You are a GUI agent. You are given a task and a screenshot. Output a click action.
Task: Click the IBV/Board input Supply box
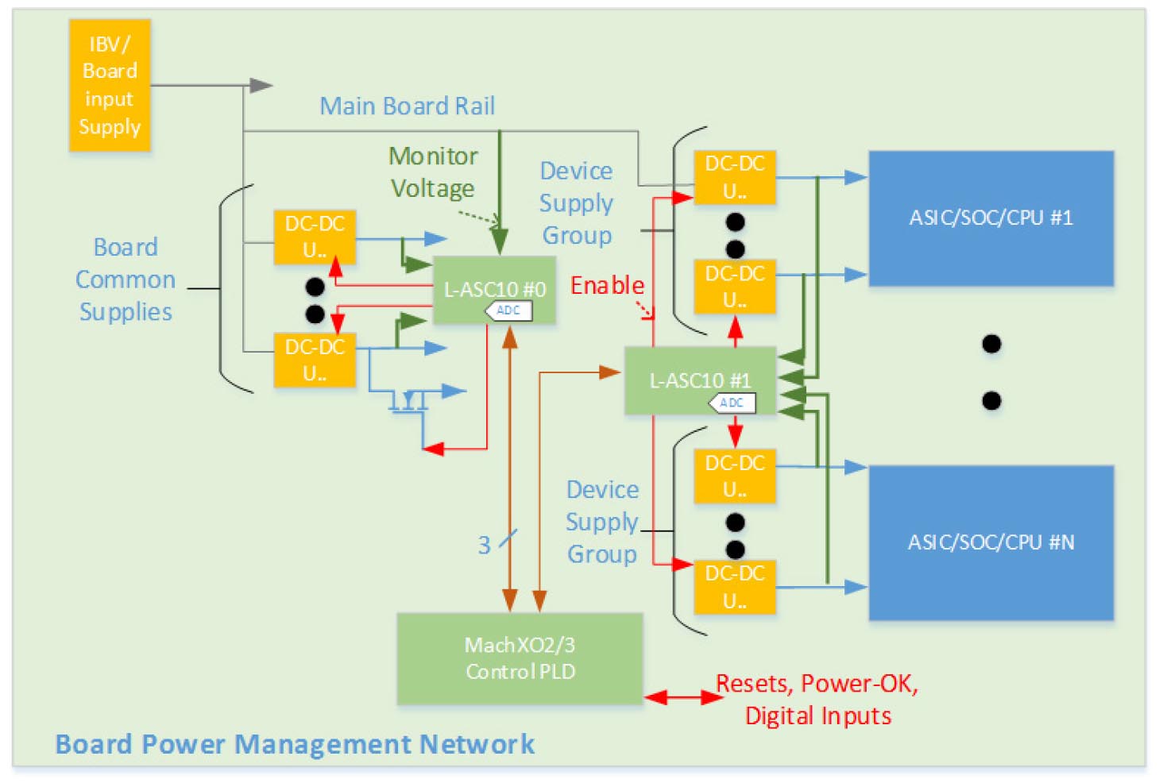110,85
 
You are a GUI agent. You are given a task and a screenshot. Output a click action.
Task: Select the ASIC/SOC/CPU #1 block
991,218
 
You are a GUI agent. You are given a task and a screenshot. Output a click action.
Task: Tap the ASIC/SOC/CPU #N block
991,542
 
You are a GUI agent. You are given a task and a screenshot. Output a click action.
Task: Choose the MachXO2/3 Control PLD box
520,658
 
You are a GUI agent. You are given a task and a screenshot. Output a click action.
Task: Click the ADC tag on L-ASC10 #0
508,310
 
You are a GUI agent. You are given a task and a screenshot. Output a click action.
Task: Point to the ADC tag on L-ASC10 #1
731,403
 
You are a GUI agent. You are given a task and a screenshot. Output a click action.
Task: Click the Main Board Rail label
407,106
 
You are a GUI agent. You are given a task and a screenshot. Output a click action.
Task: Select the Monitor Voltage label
433,172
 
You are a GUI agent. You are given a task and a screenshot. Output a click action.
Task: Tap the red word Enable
607,285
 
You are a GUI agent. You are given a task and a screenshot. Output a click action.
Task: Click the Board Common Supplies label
126,280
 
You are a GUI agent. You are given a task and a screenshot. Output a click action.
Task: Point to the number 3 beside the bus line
484,545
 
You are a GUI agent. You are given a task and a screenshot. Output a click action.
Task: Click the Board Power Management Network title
295,744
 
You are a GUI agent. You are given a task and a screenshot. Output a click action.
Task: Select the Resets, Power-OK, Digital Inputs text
817,700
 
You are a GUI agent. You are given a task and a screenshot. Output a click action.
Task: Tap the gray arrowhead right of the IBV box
261,85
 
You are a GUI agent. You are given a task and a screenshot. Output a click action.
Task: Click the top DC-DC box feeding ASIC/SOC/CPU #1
734,177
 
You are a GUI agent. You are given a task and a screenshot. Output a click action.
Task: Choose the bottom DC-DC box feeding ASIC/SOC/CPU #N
734,587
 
